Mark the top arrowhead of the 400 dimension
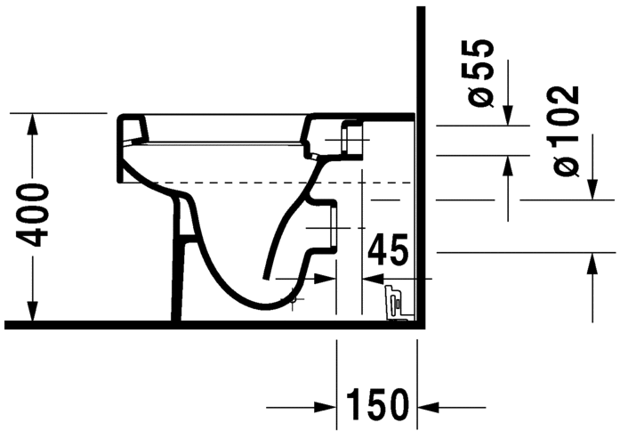click(33, 122)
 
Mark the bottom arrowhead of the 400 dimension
click(33, 312)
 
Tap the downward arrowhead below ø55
click(507, 117)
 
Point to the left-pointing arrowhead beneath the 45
click(374, 277)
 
